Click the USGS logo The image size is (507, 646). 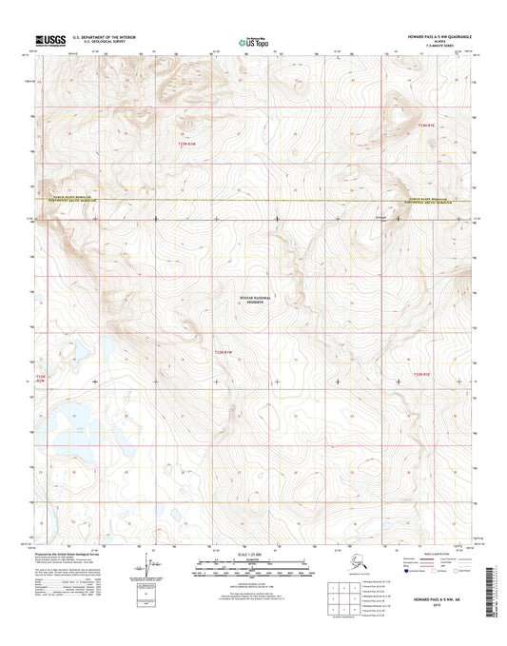click(49, 40)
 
